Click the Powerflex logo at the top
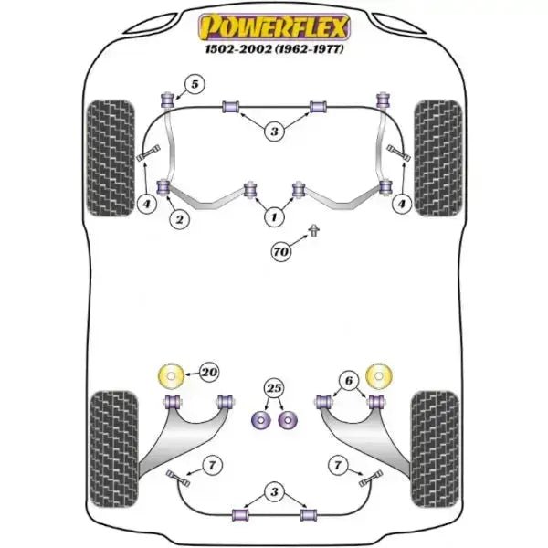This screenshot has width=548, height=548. coord(273,26)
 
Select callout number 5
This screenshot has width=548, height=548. coord(192,86)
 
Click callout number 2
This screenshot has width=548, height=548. coord(179,218)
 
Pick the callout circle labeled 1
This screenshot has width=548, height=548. coord(272,217)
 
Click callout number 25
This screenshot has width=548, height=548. coord(273,389)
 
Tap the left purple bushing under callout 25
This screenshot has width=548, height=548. coord(259,420)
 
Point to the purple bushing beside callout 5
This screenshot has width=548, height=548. coord(167,98)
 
